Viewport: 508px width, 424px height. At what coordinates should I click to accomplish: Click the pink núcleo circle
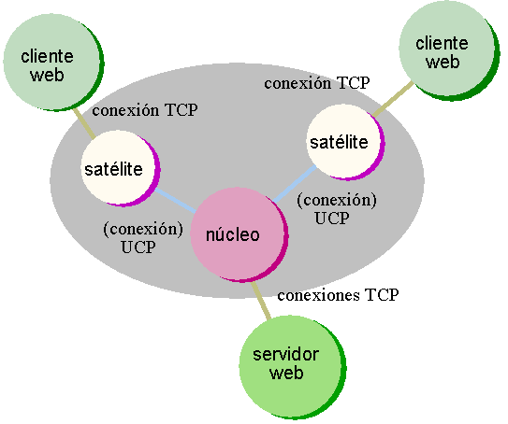239,234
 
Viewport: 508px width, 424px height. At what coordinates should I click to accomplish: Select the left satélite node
121,168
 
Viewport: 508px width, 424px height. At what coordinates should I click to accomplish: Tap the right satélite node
346,142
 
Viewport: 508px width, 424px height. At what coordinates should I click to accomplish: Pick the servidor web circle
293,367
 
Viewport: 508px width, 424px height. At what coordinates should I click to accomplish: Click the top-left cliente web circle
53,62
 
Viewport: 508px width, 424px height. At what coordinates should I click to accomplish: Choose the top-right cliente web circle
449,50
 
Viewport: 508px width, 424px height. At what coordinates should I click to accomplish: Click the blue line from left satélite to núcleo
175,201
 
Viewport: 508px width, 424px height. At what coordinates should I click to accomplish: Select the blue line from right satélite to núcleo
295,184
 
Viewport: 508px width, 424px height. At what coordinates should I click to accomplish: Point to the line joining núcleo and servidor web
261,301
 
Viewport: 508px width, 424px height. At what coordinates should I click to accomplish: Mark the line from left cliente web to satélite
84,124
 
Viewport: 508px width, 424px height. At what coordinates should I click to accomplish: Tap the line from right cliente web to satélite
393,99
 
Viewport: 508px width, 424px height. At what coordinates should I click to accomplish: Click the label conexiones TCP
338,295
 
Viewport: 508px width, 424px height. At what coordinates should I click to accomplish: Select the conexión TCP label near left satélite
145,110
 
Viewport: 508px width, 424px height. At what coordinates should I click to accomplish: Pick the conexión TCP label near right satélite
317,83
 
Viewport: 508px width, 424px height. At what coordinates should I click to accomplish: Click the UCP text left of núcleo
138,247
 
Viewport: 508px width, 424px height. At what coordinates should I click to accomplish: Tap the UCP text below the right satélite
332,218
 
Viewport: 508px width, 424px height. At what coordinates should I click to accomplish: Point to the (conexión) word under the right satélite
337,200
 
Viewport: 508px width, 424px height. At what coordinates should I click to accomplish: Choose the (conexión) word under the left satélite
143,230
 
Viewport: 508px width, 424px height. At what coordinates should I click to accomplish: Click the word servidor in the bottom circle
285,355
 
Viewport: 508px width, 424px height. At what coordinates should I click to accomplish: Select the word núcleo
233,234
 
